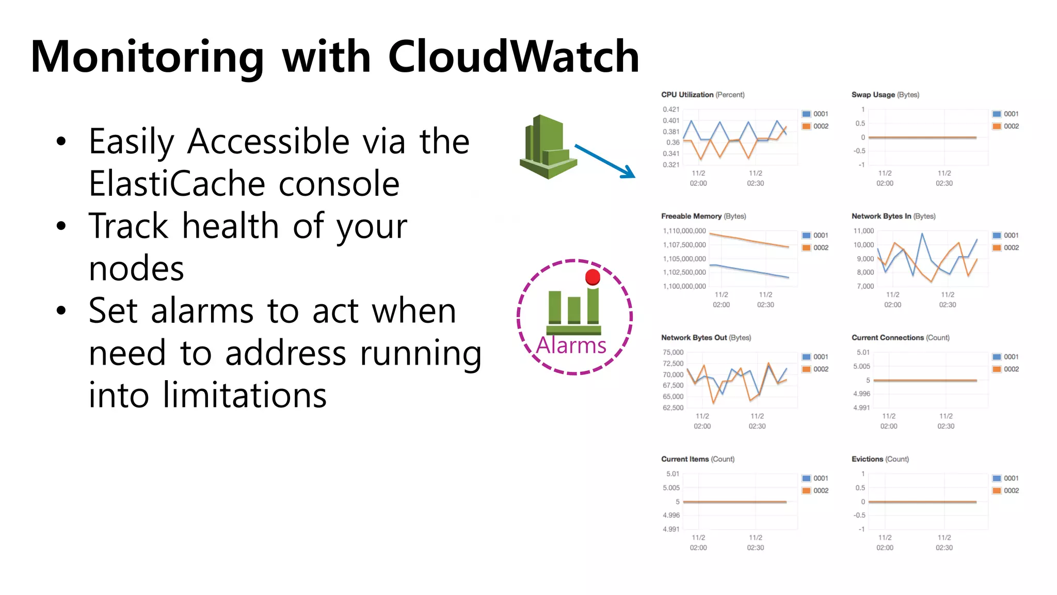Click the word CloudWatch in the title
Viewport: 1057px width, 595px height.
click(x=513, y=57)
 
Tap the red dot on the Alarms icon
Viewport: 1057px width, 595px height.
click(x=592, y=277)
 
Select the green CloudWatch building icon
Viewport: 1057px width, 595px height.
click(x=548, y=147)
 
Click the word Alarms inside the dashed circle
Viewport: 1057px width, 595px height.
click(x=571, y=345)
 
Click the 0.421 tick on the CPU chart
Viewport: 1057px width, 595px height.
click(x=671, y=109)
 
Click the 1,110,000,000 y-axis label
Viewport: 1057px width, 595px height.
click(x=684, y=231)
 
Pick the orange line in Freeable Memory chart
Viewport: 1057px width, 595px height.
click(x=748, y=240)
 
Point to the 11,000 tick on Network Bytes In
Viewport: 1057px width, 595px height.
click(x=863, y=231)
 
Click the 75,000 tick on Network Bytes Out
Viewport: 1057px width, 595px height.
click(x=673, y=352)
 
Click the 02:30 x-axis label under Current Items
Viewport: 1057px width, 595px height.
click(x=756, y=547)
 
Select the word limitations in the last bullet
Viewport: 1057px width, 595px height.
click(x=245, y=396)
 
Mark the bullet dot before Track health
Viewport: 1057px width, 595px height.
click(x=61, y=226)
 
